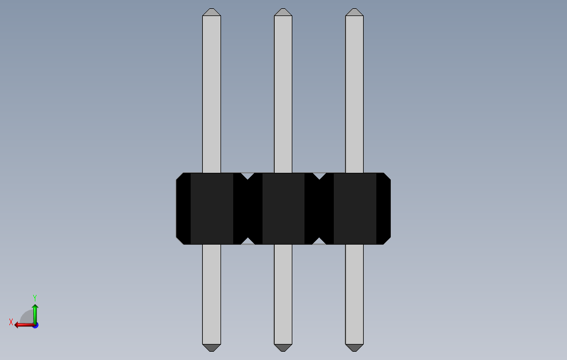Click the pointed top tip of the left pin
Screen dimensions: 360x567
[212, 12]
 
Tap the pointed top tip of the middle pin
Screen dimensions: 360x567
[283, 12]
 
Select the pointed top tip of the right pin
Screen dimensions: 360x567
[354, 12]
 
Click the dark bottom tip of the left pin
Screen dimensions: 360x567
[212, 348]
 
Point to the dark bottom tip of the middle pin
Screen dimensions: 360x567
[283, 348]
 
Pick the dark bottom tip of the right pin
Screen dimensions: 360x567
[354, 348]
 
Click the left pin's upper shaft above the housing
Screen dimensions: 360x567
[212, 94]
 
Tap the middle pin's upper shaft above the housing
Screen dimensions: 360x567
[283, 94]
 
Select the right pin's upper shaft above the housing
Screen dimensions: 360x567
[354, 94]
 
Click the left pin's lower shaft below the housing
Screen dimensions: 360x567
[212, 293]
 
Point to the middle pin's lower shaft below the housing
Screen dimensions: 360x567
[283, 293]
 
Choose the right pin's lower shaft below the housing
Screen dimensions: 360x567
[354, 293]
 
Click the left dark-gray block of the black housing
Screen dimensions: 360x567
[212, 209]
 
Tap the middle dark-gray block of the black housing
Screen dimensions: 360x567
[283, 209]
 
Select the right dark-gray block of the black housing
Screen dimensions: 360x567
[354, 209]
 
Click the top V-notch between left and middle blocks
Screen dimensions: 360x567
[248, 176]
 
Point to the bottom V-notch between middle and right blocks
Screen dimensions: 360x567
[319, 241]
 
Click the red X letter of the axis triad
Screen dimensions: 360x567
[11, 322]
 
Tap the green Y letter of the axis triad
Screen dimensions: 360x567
[35, 298]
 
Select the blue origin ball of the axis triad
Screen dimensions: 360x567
[35, 325]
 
